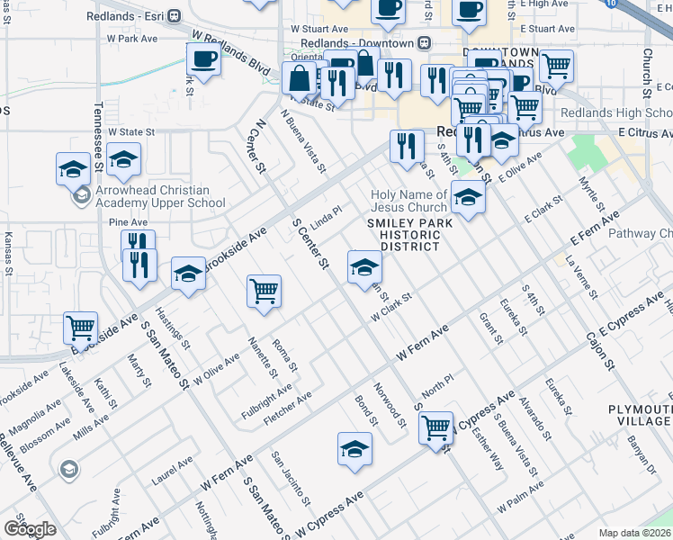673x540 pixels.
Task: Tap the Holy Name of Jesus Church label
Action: coord(409,202)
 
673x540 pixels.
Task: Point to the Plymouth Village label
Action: coord(640,415)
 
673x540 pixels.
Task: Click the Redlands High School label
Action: coord(615,113)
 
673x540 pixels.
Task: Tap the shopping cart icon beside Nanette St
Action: coord(265,290)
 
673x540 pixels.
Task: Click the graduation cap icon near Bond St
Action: coord(355,449)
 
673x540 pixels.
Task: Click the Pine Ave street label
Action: coord(127,222)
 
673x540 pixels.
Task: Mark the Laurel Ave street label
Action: coord(173,472)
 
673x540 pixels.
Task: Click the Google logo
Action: coord(29,529)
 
